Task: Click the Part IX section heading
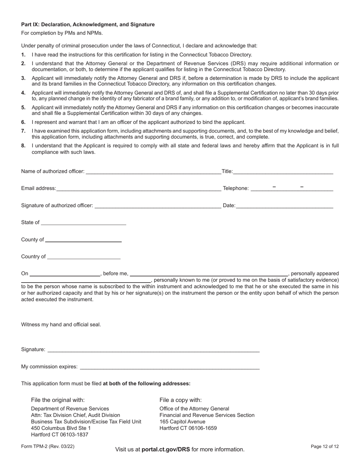pyautogui.click(x=88, y=25)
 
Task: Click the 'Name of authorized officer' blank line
pyautogui.click(x=153, y=171)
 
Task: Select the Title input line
pyautogui.click(x=283, y=171)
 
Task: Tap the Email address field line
pyautogui.click(x=138, y=188)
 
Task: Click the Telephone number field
pyautogui.click(x=292, y=188)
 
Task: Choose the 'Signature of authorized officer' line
pyautogui.click(x=158, y=205)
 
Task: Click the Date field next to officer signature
pyautogui.click(x=284, y=205)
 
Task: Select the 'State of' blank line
pyautogui.click(x=83, y=222)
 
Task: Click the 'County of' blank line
pyautogui.click(x=83, y=239)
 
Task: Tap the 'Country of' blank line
pyautogui.click(x=84, y=256)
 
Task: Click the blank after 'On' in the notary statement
pyautogui.click(x=65, y=274)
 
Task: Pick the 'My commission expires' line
pyautogui.click(x=170, y=366)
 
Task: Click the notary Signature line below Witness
pyautogui.click(x=153, y=349)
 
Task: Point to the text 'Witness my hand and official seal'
pyautogui.click(x=61, y=325)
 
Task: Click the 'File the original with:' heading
pyautogui.click(x=58, y=400)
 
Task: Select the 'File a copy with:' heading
pyautogui.click(x=180, y=400)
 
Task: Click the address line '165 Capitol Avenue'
pyautogui.click(x=182, y=421)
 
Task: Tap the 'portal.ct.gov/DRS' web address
pyautogui.click(x=166, y=449)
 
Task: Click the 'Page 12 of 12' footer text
pyautogui.click(x=324, y=447)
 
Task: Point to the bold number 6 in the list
pyautogui.click(x=23, y=122)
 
